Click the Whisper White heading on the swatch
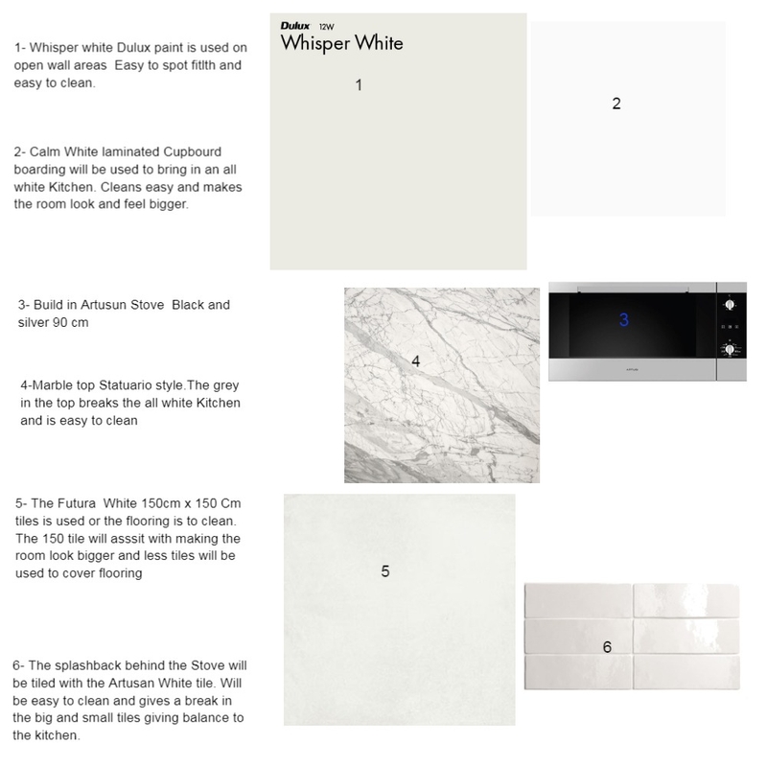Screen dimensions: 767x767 (341, 44)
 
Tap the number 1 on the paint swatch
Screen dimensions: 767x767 (358, 85)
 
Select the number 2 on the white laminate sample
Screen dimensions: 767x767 (616, 104)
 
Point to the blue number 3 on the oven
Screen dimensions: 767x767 (623, 320)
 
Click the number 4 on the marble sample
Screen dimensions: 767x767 (416, 361)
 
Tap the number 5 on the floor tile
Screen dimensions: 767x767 (384, 571)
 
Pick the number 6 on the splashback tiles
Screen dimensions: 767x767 (607, 647)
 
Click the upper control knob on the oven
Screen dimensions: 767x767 (731, 306)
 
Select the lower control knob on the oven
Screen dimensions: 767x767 (731, 351)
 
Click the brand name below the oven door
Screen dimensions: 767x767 (632, 367)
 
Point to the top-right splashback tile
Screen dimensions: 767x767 (686, 602)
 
